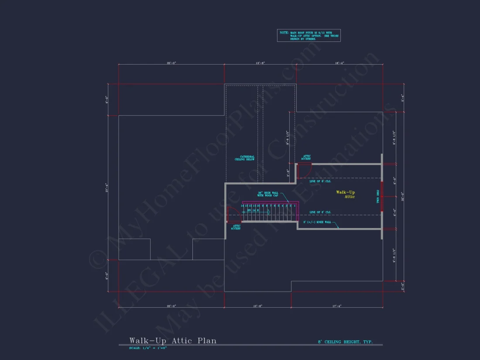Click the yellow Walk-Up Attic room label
(x=346, y=194)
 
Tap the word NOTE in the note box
(x=283, y=33)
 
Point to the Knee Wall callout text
(x=318, y=222)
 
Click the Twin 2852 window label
(x=378, y=196)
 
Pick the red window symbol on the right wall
(x=382, y=196)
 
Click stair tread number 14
(x=242, y=206)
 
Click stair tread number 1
(x=295, y=206)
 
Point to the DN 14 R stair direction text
(x=253, y=210)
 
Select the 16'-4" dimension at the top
(x=339, y=63)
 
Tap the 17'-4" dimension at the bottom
(x=336, y=306)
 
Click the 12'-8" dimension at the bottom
(x=257, y=306)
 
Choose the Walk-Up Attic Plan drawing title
(x=172, y=340)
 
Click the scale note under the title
(x=148, y=348)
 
